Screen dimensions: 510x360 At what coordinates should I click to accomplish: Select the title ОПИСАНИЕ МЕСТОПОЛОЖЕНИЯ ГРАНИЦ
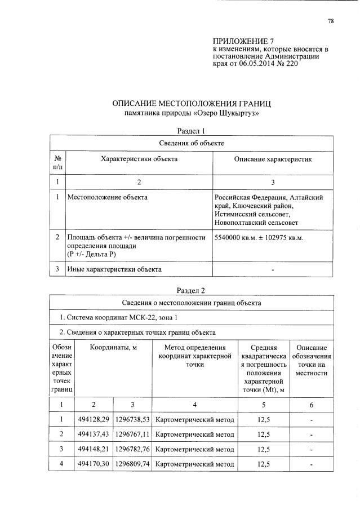point(193,104)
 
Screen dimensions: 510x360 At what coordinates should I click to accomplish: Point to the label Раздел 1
point(193,131)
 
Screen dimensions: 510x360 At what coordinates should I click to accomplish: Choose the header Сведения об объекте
point(192,144)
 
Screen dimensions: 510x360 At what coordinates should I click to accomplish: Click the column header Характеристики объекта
point(139,159)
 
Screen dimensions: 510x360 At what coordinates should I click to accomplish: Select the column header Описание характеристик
point(273,159)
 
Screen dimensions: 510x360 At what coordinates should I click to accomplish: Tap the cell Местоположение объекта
point(107,198)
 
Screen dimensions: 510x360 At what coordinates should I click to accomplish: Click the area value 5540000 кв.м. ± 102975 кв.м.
point(259,238)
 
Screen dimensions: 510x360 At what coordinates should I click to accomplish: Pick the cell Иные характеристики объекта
point(114,269)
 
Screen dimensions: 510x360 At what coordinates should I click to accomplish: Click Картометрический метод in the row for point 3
point(194,450)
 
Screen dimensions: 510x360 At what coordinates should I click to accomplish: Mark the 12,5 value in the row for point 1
point(264,420)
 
